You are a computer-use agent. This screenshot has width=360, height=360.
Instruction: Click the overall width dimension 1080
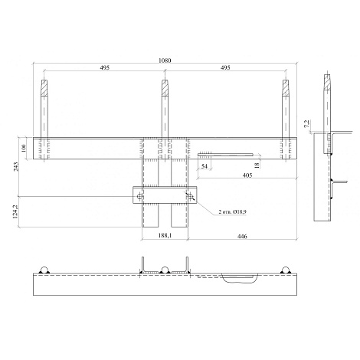[x=165, y=61]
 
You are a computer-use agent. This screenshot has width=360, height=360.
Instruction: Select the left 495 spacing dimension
[x=104, y=67]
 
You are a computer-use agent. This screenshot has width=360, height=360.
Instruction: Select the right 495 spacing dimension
[x=225, y=67]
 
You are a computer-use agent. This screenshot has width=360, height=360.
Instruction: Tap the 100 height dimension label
[x=24, y=148]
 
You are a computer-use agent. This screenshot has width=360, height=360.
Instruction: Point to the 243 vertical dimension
[x=16, y=167]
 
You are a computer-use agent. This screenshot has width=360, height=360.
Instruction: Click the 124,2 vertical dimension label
[x=15, y=211]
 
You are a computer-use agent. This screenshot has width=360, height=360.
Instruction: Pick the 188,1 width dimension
[x=165, y=235]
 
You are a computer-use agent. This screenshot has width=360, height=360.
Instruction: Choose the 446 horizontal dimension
[x=242, y=237]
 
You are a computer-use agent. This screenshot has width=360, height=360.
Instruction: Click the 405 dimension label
[x=247, y=175]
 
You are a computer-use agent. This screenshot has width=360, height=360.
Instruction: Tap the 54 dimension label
[x=205, y=166]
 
